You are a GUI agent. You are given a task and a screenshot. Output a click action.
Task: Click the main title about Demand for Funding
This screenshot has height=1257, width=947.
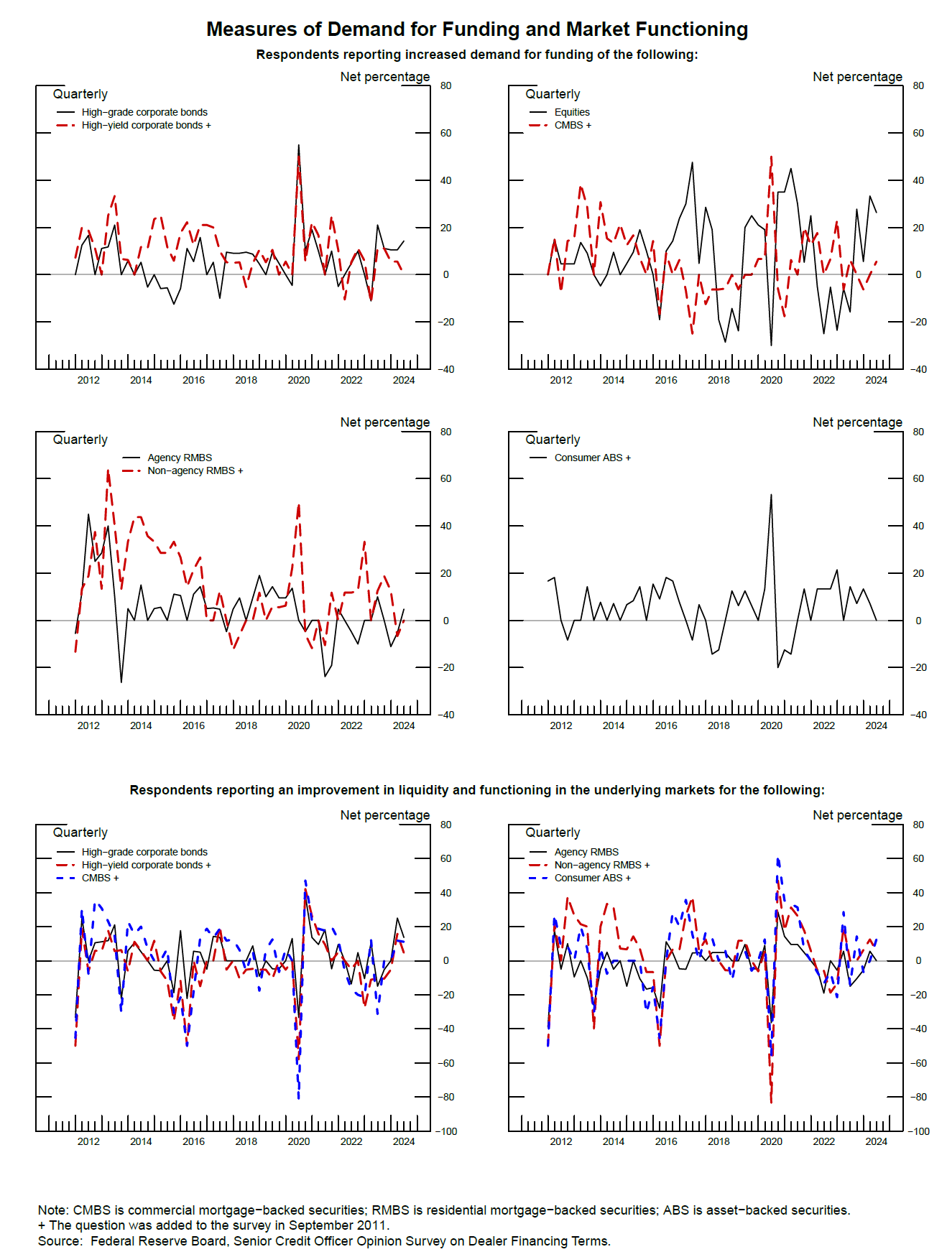pos(477,29)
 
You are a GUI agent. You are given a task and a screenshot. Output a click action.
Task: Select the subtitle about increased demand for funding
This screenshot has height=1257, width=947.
pos(477,55)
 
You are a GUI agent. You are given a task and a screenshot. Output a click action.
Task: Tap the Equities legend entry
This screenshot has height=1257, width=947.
pos(571,112)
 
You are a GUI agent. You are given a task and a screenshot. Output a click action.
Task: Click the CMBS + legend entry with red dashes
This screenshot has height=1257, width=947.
pos(572,125)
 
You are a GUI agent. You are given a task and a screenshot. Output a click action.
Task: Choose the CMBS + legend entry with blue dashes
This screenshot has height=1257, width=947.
pos(100,878)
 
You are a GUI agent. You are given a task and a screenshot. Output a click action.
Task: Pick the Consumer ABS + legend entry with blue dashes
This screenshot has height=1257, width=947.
pos(592,878)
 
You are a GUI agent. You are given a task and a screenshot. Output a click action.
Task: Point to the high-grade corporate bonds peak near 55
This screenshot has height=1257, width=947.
pos(298,145)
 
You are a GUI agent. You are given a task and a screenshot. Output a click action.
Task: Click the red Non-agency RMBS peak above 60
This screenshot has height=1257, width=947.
pos(108,471)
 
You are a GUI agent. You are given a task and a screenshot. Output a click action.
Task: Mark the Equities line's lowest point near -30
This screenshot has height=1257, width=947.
pos(771,345)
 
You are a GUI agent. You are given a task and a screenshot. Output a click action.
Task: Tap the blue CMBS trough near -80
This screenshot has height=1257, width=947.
pos(298,1098)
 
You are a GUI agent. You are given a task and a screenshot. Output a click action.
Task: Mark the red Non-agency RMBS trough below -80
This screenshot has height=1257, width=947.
pos(771,1102)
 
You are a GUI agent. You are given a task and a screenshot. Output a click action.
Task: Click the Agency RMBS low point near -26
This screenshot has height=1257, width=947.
pos(121,682)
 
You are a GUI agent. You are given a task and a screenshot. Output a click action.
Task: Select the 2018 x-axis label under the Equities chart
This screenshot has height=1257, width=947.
pos(719,380)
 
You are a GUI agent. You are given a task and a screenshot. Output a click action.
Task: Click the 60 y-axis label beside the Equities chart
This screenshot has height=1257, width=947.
pos(918,133)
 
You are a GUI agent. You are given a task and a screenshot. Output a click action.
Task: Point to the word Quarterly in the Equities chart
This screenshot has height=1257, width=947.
pos(553,94)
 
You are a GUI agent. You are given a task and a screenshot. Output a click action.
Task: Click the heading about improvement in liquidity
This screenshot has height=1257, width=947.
pos(477,790)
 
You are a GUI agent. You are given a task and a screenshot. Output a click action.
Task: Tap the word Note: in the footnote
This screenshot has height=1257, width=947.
pos(54,1210)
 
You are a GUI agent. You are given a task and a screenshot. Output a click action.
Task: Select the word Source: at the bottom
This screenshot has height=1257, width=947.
pos(60,1241)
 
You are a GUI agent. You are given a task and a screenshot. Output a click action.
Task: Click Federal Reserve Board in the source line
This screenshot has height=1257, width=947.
pos(158,1241)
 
